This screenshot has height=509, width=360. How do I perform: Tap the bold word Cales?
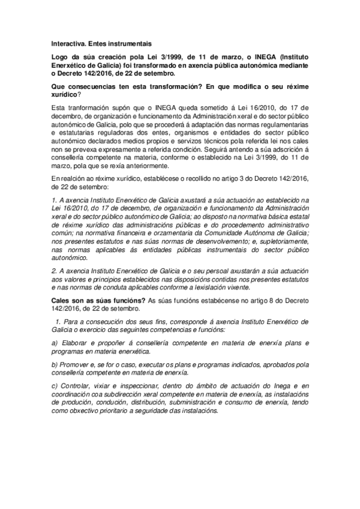[x=62, y=284]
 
